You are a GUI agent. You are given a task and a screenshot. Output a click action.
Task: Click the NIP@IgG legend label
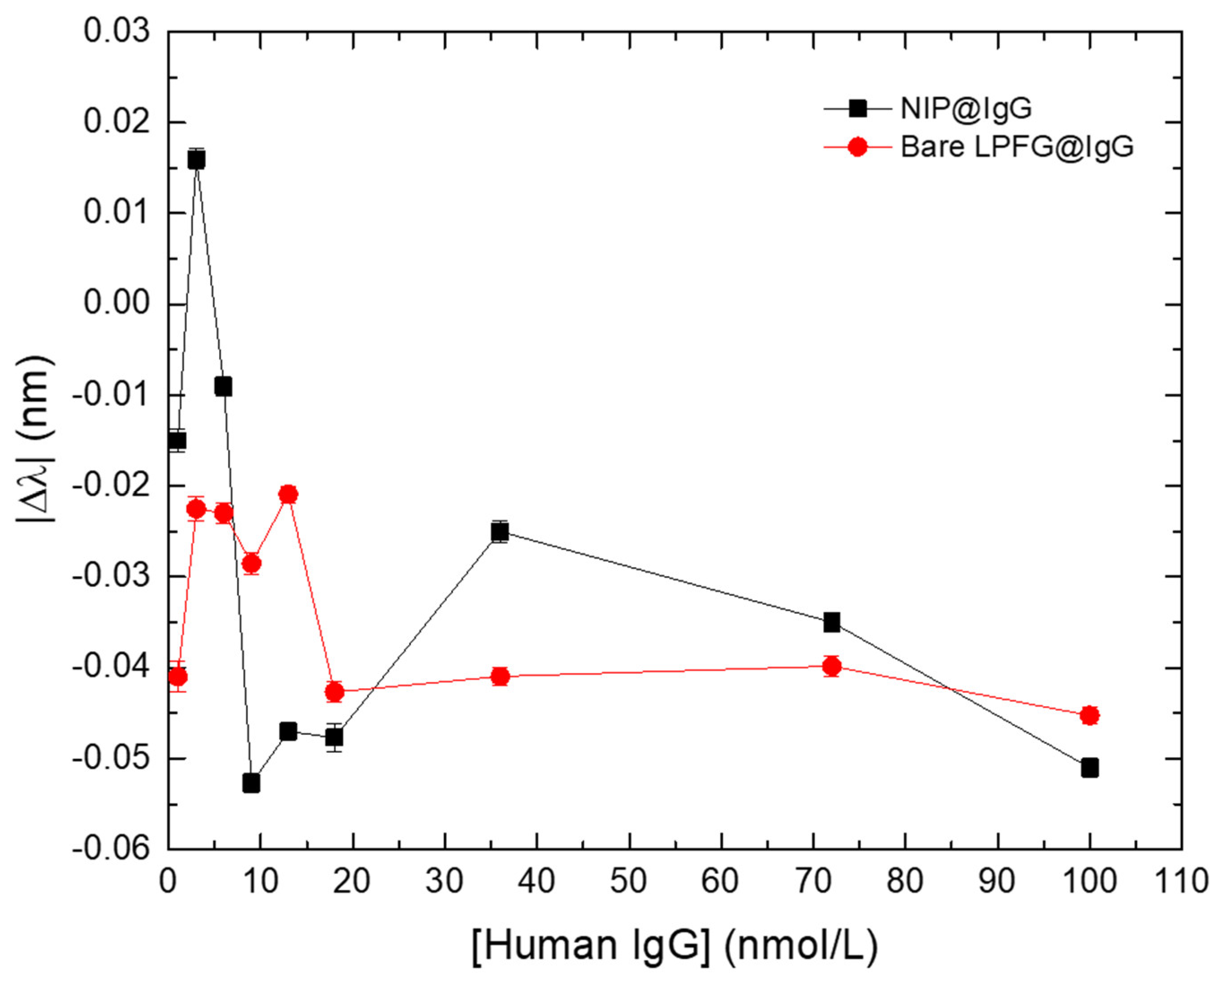point(965,108)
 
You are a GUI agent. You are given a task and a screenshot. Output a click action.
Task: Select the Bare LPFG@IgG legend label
point(1017,147)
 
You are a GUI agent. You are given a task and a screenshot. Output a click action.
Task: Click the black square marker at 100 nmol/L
point(1089,768)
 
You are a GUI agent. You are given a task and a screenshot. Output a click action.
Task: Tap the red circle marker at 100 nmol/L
point(1089,716)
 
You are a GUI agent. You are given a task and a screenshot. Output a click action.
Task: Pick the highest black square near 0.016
point(196,160)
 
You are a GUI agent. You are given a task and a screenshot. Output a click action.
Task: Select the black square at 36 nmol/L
point(499,532)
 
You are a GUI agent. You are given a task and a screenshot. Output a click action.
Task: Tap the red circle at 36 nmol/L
point(500,677)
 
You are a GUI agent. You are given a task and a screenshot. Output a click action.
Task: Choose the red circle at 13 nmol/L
point(288,494)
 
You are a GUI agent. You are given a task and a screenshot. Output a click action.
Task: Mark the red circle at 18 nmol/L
point(335,692)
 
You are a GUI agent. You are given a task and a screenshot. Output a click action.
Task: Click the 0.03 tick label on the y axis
point(117,31)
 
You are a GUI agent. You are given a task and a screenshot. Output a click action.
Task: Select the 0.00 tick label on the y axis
point(117,304)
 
